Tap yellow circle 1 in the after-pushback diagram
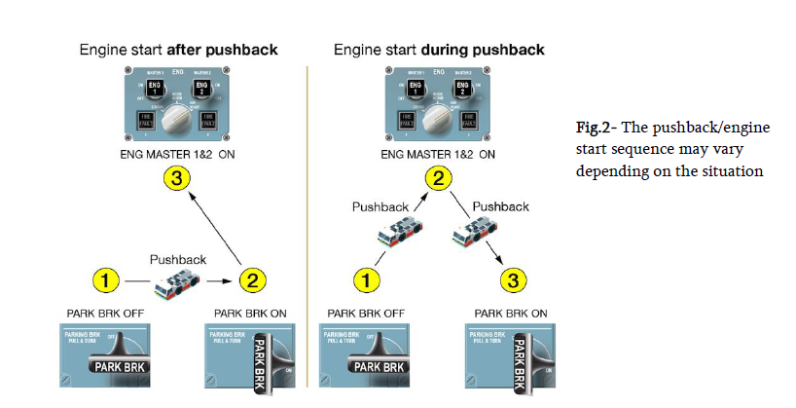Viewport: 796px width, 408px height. coord(107,281)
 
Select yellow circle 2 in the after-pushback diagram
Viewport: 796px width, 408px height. coord(250,281)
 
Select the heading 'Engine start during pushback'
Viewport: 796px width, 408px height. coord(439,49)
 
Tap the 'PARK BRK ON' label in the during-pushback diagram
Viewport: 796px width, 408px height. coord(511,314)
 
